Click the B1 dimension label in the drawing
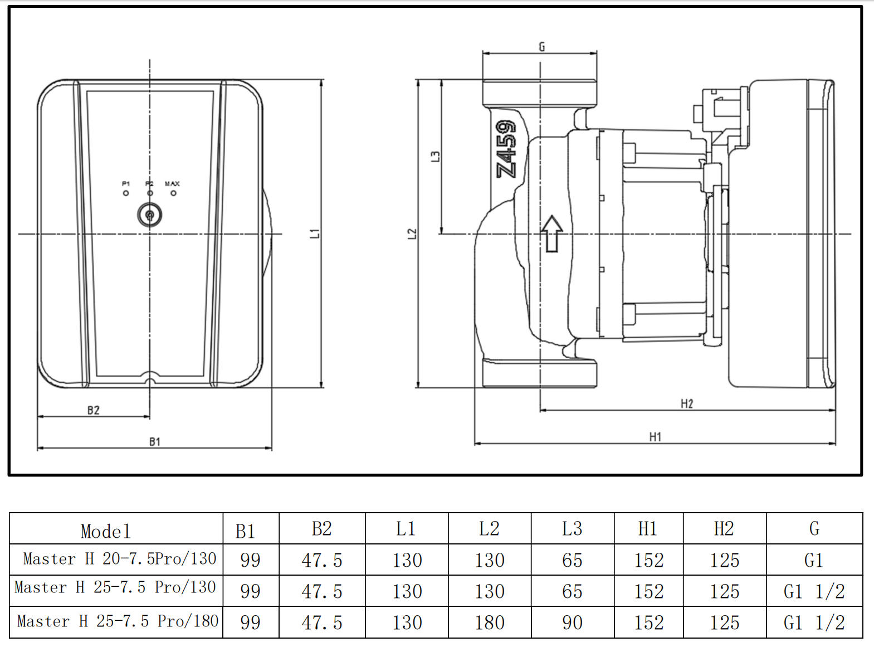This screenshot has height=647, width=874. pos(154,442)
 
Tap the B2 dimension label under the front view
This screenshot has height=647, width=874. pos(93,411)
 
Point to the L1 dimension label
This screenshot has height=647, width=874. pos(315,233)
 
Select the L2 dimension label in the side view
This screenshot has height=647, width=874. pos(412,233)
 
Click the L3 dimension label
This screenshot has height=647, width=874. pos(436,157)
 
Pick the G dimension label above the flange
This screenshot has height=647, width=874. pos(541,47)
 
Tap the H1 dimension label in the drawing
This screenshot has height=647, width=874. pos(655,437)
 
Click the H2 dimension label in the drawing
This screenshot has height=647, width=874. pos(687,403)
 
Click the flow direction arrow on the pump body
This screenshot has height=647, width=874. pos(551,233)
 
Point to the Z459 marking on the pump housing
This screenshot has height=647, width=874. pos(506,149)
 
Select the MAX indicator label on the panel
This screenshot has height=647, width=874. pos(172,183)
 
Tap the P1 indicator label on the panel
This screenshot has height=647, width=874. pos(126,183)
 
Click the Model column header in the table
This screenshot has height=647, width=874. pos(106,531)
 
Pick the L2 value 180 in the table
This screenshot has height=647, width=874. pos(490,622)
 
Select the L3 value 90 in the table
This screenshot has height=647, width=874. pos(572,622)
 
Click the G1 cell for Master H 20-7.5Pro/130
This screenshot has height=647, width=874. pos(814,560)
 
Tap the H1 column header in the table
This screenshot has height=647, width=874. pos(648,528)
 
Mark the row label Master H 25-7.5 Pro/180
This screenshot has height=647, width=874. pos(118,621)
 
